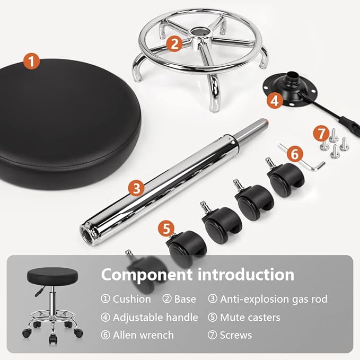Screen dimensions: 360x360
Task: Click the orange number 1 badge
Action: pyautogui.click(x=32, y=62)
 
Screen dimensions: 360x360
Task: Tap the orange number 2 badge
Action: pyautogui.click(x=174, y=43)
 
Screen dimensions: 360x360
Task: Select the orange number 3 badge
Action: pyautogui.click(x=137, y=187)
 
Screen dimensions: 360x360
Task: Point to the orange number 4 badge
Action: pyautogui.click(x=274, y=99)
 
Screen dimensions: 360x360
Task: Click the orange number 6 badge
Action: pyautogui.click(x=295, y=155)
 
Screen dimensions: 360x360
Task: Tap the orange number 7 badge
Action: pyautogui.click(x=320, y=133)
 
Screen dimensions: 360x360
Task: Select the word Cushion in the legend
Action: pyautogui.click(x=131, y=299)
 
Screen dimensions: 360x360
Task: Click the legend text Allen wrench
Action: pyautogui.click(x=143, y=335)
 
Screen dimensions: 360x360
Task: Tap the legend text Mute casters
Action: pyautogui.click(x=250, y=318)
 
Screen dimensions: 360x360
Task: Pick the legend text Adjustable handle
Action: pyautogui.click(x=155, y=318)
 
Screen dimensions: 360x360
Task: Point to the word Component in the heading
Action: pyautogui.click(x=147, y=275)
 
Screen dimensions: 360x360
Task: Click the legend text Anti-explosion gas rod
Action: pyautogui.click(x=274, y=299)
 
